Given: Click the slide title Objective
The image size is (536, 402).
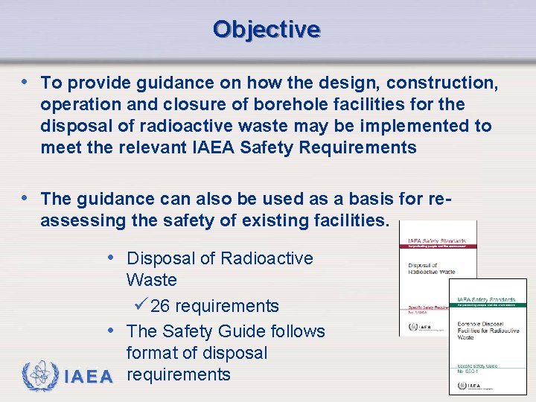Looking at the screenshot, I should pos(267,29).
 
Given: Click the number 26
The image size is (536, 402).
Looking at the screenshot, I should pos(160,306).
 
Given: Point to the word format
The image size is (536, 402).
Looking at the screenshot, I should pos(152,352).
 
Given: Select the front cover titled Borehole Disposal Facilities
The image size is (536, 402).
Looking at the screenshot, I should pos(487,336).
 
